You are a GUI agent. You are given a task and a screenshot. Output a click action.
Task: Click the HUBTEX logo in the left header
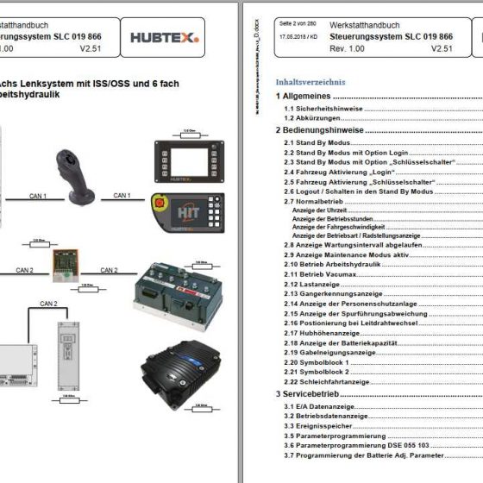coord(164,37)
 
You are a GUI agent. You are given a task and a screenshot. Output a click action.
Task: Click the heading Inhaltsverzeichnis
coord(310,82)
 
